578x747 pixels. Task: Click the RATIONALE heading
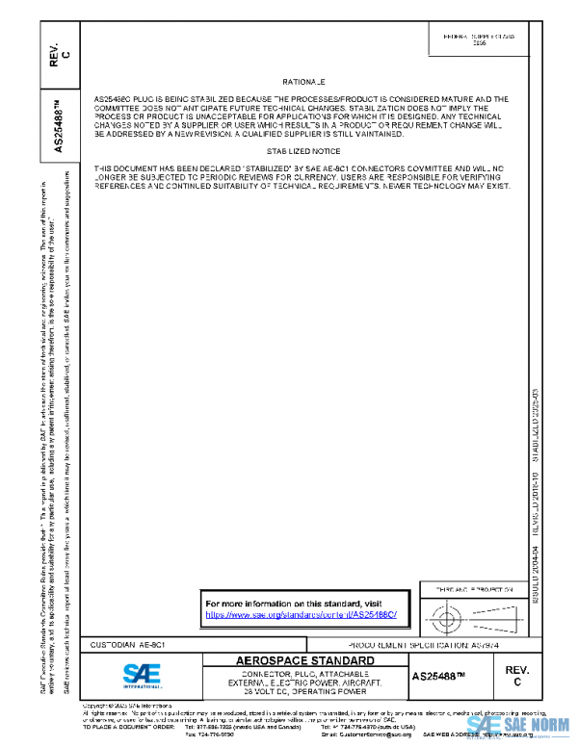click(x=303, y=83)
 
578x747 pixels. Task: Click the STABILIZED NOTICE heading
click(x=303, y=151)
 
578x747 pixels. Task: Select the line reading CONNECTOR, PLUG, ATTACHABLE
click(x=293, y=673)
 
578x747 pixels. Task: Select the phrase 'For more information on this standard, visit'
click(x=287, y=603)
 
